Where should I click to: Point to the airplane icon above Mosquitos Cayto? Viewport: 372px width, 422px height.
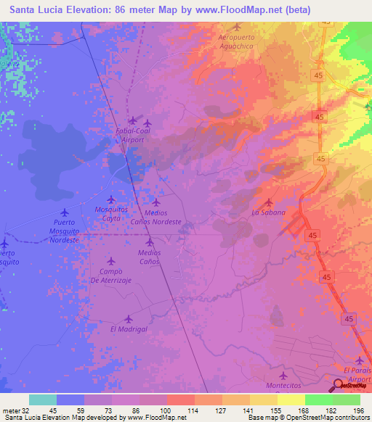[111, 199]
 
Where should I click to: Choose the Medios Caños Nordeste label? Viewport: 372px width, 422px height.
[156, 218]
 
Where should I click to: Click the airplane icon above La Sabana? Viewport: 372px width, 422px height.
[269, 202]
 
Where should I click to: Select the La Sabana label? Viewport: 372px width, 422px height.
[269, 212]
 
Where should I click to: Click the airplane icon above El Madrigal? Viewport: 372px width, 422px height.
[129, 318]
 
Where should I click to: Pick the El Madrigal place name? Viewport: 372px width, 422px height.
[129, 328]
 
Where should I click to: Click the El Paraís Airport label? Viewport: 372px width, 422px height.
[357, 375]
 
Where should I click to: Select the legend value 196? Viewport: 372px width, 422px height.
[357, 410]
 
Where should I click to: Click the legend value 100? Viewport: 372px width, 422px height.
[166, 410]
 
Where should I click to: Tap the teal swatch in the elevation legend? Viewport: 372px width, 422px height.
[42, 400]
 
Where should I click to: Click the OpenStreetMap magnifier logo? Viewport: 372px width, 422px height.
[339, 386]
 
